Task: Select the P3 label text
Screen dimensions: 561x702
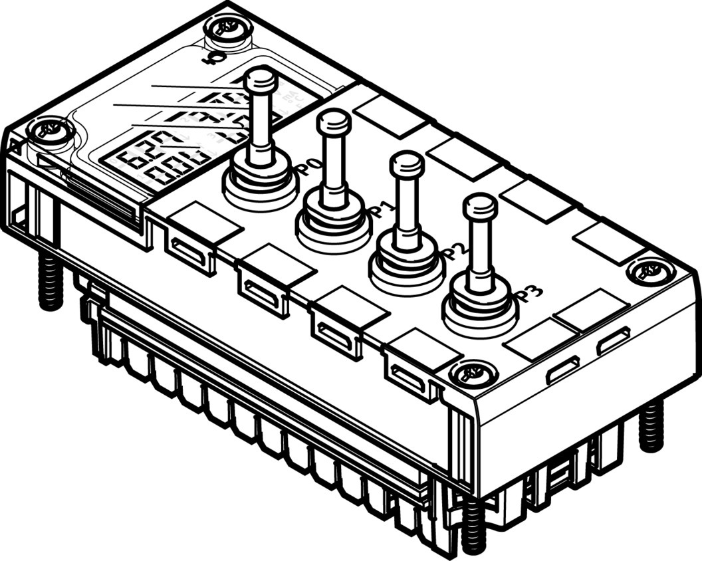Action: tap(530, 293)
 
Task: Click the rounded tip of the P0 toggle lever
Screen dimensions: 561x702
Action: tap(260, 80)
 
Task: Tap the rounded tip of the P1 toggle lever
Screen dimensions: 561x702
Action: tap(334, 121)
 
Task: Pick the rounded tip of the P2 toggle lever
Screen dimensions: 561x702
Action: tap(407, 163)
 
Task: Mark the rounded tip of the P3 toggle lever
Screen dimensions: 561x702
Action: tap(480, 205)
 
